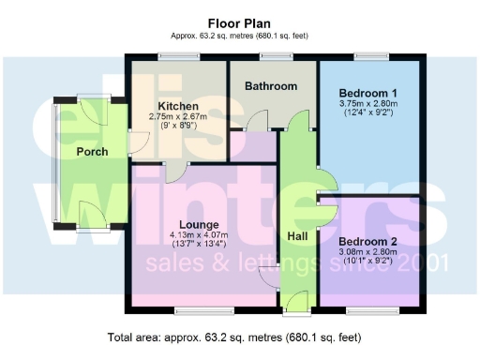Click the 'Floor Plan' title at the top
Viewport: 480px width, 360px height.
coord(239,22)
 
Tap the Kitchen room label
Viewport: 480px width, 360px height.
coord(177,105)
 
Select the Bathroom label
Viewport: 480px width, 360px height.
coord(271,86)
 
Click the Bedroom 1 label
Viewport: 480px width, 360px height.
coord(368,93)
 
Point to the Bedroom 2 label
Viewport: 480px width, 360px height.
coord(368,242)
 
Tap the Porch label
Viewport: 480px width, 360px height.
coord(92,152)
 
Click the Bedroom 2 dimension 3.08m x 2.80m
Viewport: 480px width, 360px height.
coord(368,253)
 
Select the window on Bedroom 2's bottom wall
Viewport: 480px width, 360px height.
coord(370,310)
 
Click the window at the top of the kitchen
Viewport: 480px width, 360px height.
coord(178,57)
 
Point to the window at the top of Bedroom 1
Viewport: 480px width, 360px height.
coord(372,57)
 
